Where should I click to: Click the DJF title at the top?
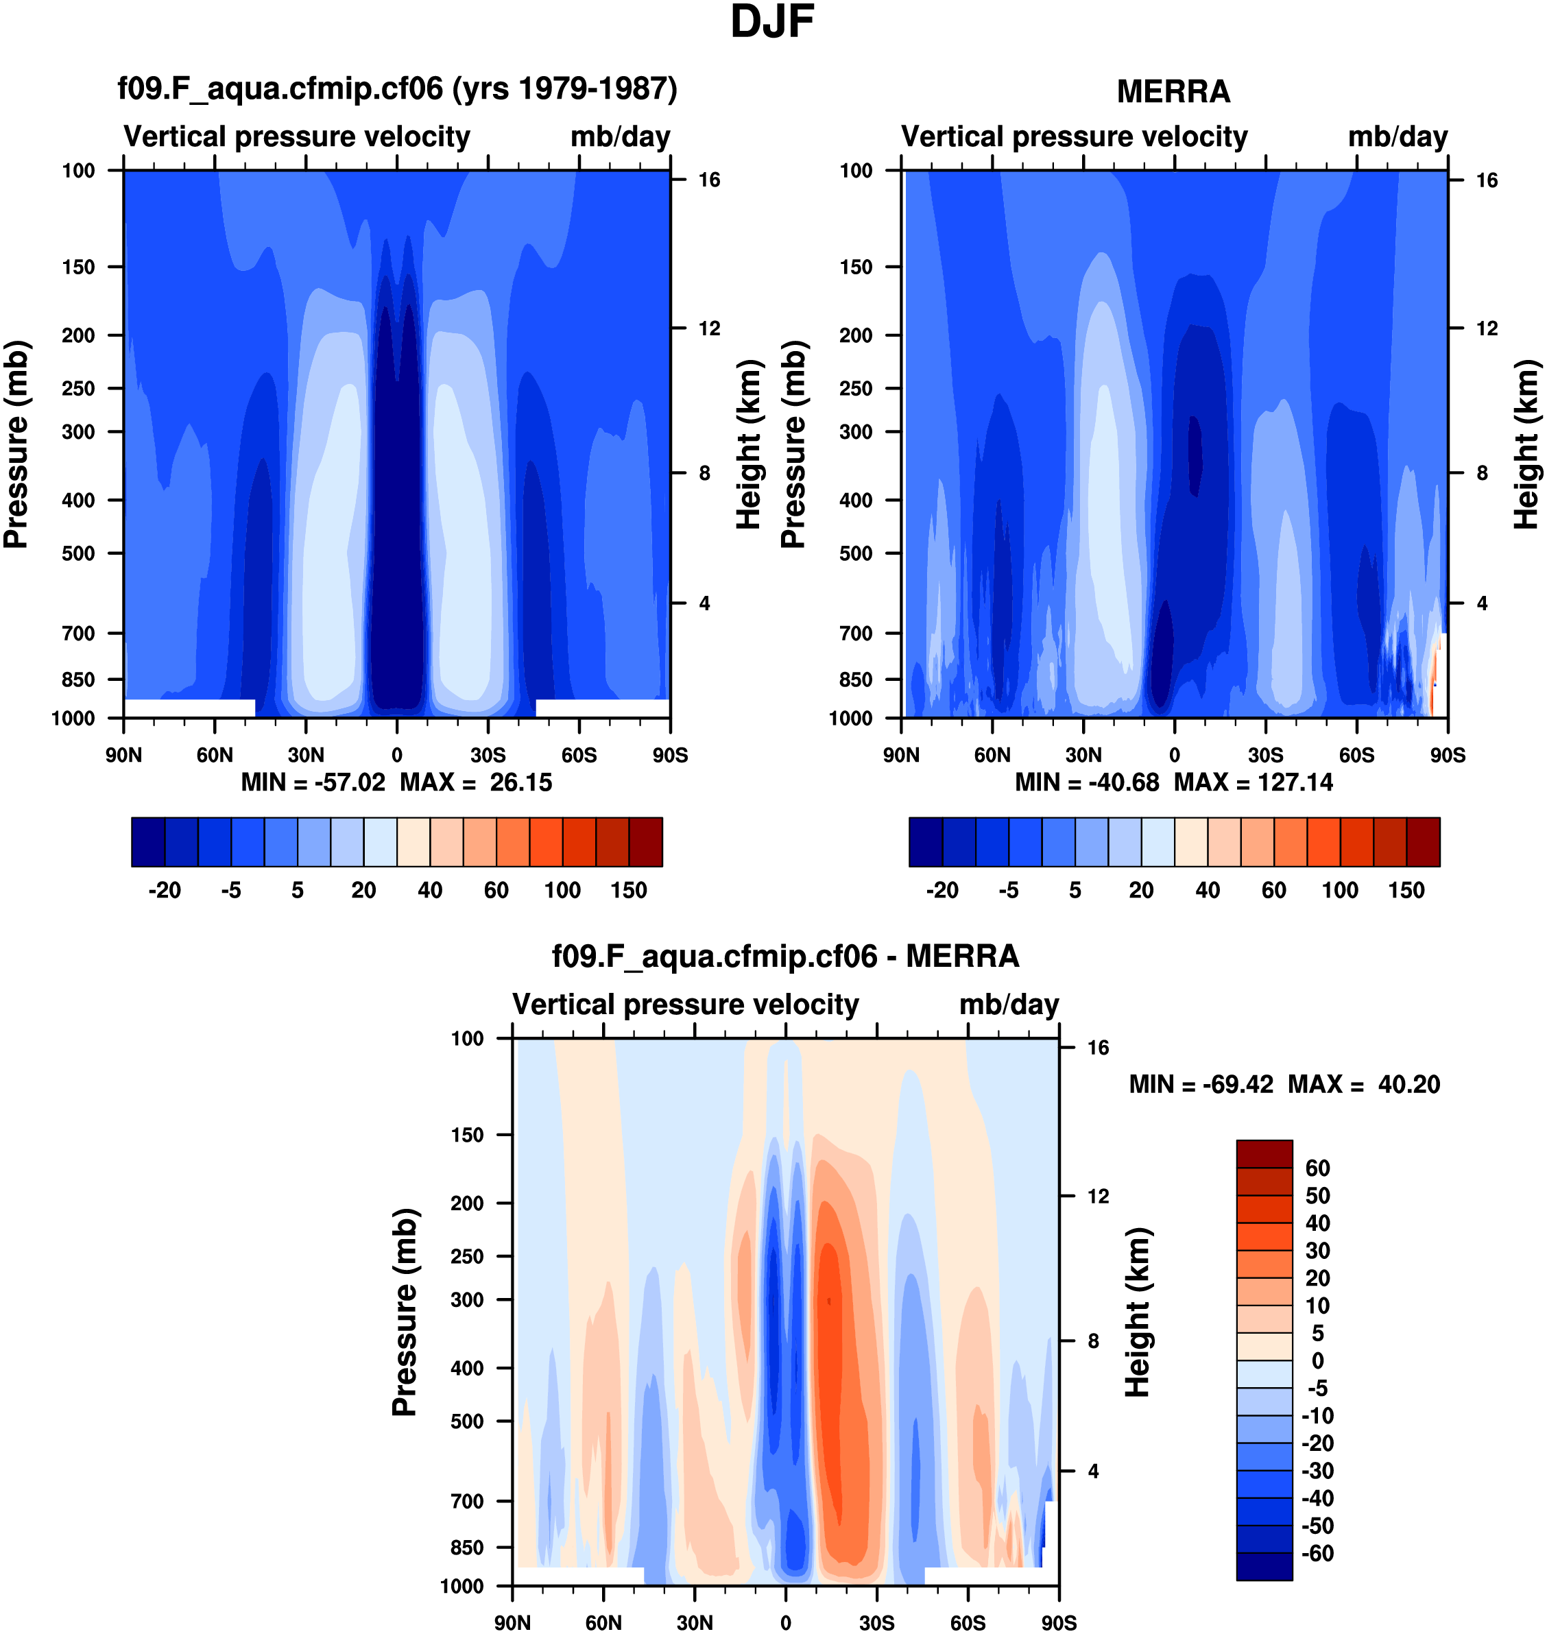(772, 22)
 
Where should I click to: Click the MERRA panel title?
(1173, 91)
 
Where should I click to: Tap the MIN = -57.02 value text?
(313, 782)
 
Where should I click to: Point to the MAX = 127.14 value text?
(1253, 782)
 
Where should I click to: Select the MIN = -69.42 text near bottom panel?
(1201, 1084)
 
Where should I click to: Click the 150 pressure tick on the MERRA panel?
(855, 267)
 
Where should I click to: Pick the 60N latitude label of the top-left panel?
(215, 755)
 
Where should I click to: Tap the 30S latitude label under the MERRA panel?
(1265, 755)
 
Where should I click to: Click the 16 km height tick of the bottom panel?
(1098, 1048)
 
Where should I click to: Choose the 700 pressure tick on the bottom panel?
(467, 1501)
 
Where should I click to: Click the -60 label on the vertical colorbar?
(1318, 1553)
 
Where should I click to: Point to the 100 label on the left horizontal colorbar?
(562, 891)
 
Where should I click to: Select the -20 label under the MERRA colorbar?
(942, 891)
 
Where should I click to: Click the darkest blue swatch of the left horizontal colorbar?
(148, 843)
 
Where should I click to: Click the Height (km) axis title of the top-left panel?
(747, 444)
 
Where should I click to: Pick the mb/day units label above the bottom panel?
(1009, 1005)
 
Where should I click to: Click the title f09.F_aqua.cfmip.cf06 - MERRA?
(785, 957)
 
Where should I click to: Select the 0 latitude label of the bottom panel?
(785, 1623)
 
